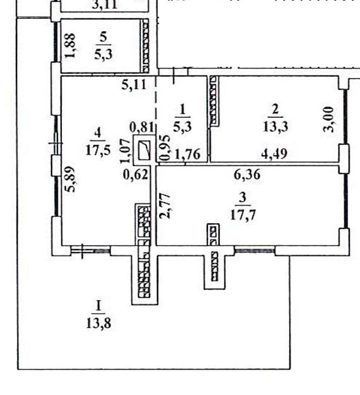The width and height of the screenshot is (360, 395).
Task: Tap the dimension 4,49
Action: tap(274, 156)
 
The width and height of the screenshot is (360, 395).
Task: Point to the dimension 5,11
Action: tap(134, 84)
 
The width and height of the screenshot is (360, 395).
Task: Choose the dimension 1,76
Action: tap(190, 156)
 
